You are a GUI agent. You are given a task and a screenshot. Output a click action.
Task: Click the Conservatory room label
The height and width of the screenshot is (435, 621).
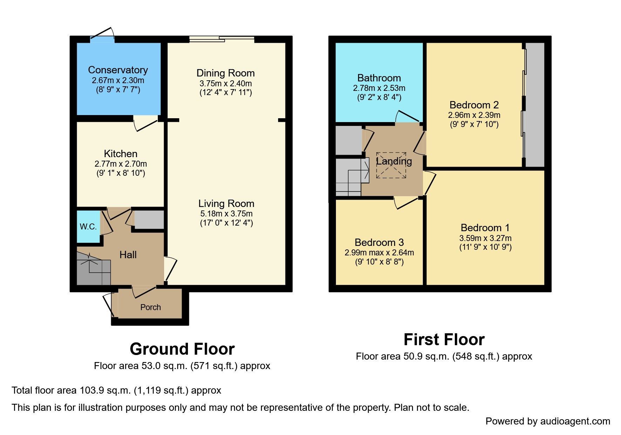(118, 70)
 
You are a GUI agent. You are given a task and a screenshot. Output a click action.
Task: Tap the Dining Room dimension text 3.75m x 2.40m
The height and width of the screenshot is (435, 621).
(225, 83)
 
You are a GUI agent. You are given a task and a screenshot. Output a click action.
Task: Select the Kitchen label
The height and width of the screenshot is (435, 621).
(121, 154)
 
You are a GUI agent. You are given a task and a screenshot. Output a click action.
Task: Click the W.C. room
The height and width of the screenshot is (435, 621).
(88, 227)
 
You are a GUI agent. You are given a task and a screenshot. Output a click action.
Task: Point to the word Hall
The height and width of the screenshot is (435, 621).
(128, 255)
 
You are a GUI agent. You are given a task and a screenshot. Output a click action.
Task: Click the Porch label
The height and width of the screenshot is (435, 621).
(150, 307)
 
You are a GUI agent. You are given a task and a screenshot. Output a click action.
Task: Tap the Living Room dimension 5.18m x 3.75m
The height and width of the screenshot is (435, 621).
(226, 214)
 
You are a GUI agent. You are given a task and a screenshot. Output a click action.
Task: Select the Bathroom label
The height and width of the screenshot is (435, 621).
(379, 78)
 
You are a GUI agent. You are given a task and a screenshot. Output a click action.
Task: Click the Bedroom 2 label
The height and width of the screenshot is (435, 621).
(474, 105)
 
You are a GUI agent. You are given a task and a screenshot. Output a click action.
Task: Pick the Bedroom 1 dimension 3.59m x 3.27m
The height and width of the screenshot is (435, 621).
(485, 238)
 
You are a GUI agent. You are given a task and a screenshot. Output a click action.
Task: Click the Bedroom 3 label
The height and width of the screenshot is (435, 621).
(379, 242)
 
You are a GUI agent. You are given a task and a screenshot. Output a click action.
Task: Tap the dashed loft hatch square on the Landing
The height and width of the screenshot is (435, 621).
(391, 165)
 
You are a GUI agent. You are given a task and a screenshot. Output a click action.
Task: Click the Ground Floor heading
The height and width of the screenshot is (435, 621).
(182, 349)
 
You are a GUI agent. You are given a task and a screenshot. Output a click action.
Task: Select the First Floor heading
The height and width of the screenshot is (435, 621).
(444, 340)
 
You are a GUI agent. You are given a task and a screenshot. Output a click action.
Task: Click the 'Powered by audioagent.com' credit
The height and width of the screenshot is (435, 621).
(548, 421)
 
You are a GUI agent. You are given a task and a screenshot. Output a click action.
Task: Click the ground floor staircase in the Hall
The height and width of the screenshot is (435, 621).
(94, 268)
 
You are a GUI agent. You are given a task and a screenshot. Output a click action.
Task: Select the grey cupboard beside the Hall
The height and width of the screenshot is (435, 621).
(149, 220)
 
